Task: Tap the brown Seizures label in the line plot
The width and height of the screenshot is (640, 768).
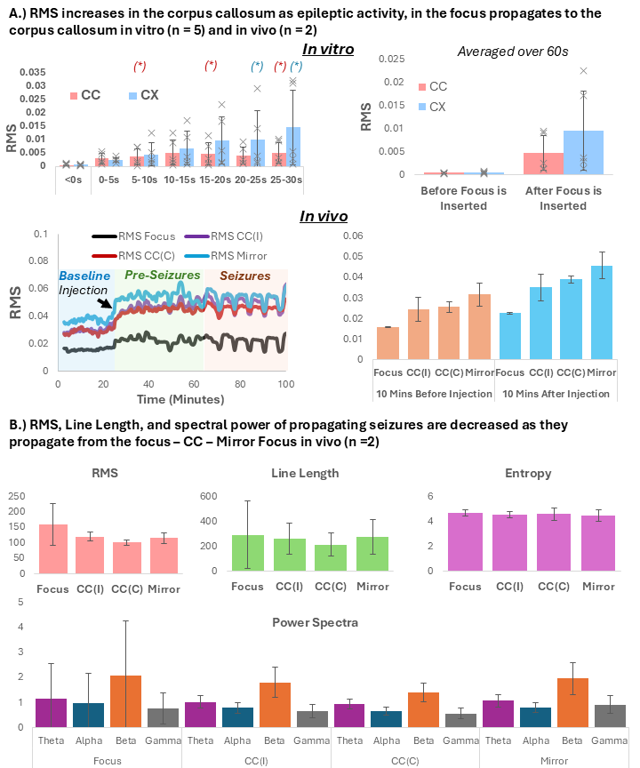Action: click(x=244, y=276)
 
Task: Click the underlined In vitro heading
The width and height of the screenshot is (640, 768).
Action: click(x=328, y=50)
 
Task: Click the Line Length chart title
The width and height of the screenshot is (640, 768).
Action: click(x=305, y=473)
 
